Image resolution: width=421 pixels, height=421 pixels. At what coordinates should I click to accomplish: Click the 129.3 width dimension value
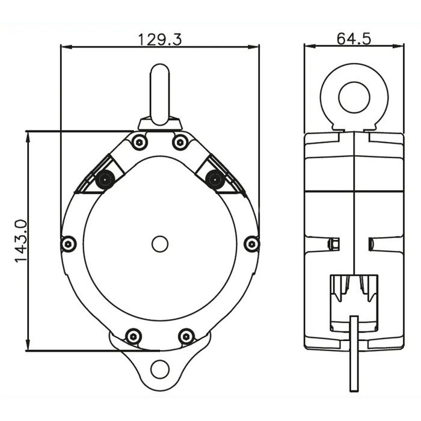click(160, 40)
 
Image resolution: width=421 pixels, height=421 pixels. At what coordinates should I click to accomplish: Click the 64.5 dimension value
click(354, 38)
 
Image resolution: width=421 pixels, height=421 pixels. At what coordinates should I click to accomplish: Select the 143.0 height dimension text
click(21, 241)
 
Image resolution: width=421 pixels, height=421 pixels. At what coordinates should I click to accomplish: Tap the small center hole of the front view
click(160, 244)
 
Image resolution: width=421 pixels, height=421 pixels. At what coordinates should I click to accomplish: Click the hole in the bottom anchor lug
click(160, 369)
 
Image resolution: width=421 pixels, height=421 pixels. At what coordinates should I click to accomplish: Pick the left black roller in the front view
click(105, 179)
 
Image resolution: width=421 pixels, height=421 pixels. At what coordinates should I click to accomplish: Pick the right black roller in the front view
click(215, 179)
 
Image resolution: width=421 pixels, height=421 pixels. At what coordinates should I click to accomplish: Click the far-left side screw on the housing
click(69, 244)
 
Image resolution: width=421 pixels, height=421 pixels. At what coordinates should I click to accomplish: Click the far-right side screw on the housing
click(251, 244)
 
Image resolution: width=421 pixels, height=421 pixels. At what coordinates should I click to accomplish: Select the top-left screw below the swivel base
click(140, 142)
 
